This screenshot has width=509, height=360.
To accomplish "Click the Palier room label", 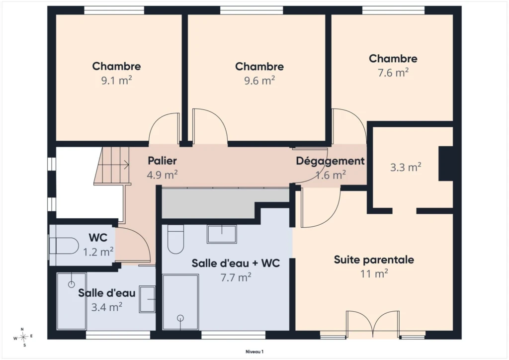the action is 163,161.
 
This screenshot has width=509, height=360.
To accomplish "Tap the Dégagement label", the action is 330,161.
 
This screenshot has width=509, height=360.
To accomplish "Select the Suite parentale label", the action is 374,260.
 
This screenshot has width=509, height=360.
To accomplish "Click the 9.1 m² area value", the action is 116,80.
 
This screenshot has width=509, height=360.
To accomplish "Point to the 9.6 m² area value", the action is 259,80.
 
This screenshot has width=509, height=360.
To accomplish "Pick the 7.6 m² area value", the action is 393,73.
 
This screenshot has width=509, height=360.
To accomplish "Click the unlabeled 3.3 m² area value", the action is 406,167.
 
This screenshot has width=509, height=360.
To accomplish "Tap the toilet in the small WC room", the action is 64,246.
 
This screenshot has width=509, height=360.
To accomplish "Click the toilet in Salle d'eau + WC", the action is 175,239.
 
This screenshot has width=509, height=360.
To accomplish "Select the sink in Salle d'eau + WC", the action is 222,234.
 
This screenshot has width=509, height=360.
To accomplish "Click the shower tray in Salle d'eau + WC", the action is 180,302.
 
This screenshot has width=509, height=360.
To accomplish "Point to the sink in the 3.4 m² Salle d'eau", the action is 147,299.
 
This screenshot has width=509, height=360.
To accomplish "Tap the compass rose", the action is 23,338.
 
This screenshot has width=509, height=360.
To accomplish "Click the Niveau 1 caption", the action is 254,352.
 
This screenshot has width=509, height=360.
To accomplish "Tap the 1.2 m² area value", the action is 98,252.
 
